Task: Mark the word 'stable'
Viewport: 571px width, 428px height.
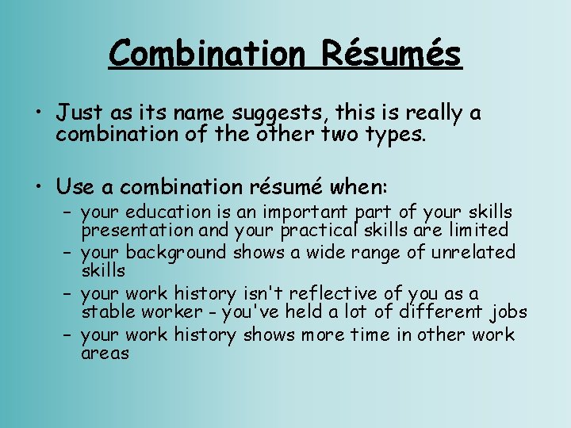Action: [107, 312]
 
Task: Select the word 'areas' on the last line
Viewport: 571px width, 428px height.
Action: [105, 353]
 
